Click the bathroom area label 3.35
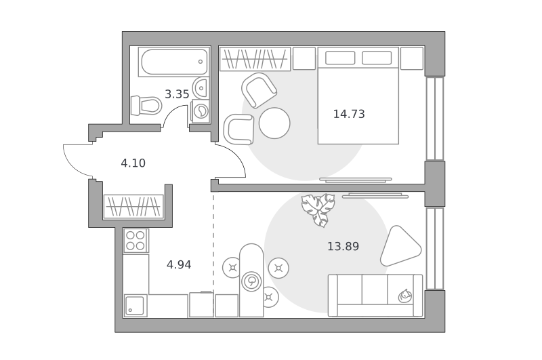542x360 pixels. click(177, 94)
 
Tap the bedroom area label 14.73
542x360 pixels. click(349, 114)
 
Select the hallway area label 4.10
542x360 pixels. click(133, 163)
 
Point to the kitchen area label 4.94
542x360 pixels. click(179, 264)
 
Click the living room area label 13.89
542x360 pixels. click(343, 246)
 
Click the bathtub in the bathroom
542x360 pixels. click(174, 62)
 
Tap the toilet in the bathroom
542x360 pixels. click(146, 105)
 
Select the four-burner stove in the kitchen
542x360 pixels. click(135, 241)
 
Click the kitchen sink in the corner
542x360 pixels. click(135, 305)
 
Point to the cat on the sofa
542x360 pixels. click(404, 296)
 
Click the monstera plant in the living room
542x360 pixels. click(318, 209)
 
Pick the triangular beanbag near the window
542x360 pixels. click(400, 246)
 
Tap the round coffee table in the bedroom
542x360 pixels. click(274, 123)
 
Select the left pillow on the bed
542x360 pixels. click(340, 58)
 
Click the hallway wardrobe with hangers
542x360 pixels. click(133, 207)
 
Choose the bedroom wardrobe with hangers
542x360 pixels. click(255, 59)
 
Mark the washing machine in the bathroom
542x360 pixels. click(201, 111)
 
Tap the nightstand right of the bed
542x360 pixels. click(412, 58)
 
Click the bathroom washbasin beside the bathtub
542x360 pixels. click(201, 87)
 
